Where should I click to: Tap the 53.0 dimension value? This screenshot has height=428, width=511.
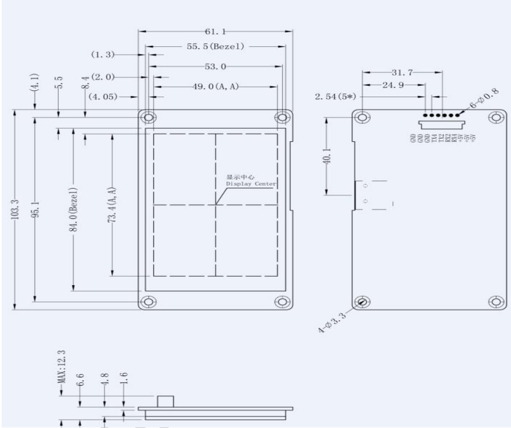point(215,67)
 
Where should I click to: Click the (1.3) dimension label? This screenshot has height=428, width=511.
point(103,55)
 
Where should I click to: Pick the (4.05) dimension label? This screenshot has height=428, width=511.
point(103,97)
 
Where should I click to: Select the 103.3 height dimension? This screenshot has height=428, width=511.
point(15,209)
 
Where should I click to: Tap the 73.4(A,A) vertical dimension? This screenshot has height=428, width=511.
point(112,205)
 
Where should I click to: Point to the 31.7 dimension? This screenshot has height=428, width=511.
point(401,72)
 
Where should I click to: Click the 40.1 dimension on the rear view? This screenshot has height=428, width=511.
point(329,156)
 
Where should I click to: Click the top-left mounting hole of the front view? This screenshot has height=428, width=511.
point(149,117)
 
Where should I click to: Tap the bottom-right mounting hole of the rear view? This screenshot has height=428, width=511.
point(497,302)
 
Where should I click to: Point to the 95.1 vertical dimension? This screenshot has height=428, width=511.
point(34,209)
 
